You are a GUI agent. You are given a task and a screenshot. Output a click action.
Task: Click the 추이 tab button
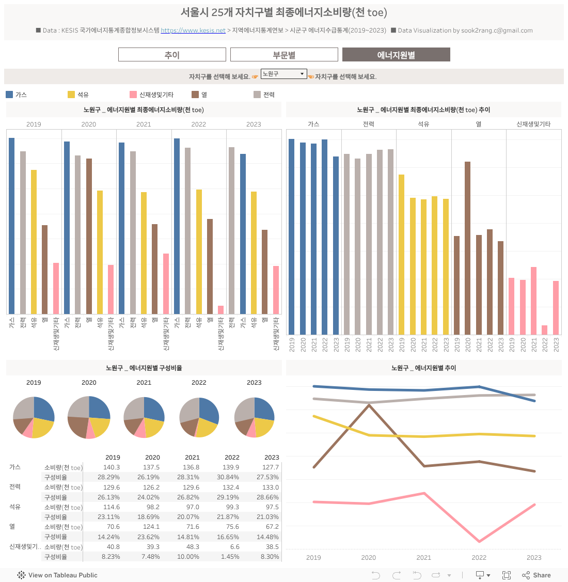click(172, 55)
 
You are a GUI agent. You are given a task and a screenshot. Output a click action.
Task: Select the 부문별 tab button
click(284, 55)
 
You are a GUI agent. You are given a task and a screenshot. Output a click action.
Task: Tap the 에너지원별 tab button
click(396, 55)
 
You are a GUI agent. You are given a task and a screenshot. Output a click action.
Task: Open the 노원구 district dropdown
click(283, 74)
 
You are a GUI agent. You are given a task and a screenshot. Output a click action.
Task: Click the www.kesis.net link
click(193, 30)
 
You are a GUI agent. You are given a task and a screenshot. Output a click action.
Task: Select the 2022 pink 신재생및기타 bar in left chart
click(221, 310)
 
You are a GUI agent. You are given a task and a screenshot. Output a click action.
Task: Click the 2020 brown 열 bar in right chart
click(467, 248)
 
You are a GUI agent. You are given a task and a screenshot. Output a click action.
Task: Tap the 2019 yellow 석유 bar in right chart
click(401, 255)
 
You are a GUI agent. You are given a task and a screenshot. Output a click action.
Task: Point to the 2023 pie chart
click(254, 417)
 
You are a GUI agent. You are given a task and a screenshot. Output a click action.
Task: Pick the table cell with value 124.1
click(152, 527)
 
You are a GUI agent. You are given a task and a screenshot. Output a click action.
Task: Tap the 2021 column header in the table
click(192, 457)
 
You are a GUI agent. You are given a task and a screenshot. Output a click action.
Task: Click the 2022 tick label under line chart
click(479, 558)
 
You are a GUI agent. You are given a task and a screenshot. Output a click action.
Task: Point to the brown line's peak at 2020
click(369, 405)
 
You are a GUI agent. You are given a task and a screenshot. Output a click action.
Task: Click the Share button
click(537, 575)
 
